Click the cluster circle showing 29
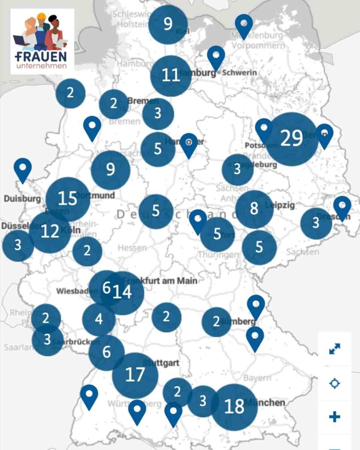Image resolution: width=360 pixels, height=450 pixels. pos(291,139)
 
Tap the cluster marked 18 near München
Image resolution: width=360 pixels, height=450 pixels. pos(234,406)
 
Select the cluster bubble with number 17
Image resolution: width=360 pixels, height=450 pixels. pos(135,375)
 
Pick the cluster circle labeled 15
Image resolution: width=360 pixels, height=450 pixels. pos(68,199)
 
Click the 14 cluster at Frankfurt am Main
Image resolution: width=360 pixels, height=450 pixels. pos(123,293)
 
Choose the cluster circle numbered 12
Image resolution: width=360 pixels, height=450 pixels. pos(50,231)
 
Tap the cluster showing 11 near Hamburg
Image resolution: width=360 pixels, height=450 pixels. pos(171,76)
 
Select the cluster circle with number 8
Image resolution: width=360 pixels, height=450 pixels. pos(254,209)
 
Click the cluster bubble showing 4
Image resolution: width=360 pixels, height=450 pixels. pos(99,319)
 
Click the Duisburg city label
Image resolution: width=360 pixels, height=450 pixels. pos(22,198)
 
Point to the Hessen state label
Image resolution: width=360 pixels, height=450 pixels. pos(132,248)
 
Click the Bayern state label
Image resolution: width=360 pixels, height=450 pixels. pos(257,378)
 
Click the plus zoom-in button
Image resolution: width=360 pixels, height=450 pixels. pos(335,417)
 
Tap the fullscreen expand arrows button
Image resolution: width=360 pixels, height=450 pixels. pos(335,349)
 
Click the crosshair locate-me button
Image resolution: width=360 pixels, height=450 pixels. pos(335,383)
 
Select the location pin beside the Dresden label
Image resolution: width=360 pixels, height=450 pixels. pos(342,207)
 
